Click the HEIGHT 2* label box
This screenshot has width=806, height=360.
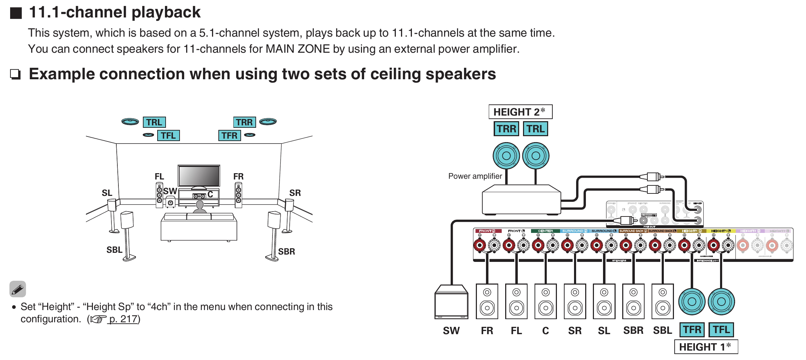point(520,112)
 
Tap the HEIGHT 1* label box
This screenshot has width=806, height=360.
point(706,347)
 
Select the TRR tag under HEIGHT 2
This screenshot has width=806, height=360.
point(506,129)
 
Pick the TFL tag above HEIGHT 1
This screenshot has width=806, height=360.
point(721,330)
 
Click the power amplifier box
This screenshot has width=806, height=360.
point(521,200)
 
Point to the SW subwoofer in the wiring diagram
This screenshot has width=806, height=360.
point(451,302)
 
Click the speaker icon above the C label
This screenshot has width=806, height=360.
point(546,301)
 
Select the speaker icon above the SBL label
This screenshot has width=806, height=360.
point(662,301)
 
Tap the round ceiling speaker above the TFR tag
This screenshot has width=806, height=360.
point(692,302)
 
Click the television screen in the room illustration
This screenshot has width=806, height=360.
point(199,176)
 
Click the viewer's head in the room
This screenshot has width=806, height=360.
point(200,205)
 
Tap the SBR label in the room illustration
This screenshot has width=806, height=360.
point(286,251)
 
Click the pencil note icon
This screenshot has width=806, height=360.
point(18,289)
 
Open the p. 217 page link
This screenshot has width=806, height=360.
point(123,319)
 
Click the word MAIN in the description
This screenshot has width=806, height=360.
point(280,49)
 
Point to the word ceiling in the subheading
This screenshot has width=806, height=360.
point(395,74)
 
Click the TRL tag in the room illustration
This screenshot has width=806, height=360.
point(154,122)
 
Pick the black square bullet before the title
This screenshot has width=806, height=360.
point(16,13)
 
